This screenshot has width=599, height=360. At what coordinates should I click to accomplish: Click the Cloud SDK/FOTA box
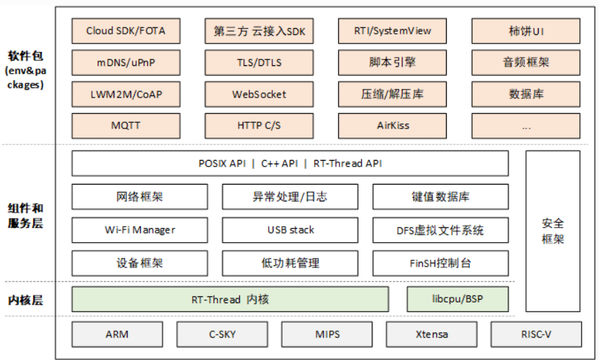pyautogui.click(x=126, y=31)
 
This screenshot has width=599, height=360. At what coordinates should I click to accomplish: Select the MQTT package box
pyautogui.click(x=126, y=126)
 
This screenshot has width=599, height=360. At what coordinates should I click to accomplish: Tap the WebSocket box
pyautogui.click(x=259, y=94)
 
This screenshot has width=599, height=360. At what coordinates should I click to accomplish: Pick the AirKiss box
pyautogui.click(x=392, y=126)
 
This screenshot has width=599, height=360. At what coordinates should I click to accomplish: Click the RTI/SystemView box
pyautogui.click(x=392, y=31)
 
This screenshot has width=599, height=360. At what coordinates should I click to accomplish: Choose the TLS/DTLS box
pyautogui.click(x=259, y=62)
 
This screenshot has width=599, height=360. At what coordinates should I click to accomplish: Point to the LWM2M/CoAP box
pyautogui.click(x=126, y=94)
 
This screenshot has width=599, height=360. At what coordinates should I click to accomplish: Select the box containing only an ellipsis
pyautogui.click(x=525, y=126)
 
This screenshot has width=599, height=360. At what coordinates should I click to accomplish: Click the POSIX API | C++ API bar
pyautogui.click(x=290, y=163)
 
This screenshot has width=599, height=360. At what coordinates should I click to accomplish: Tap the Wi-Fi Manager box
pyautogui.click(x=140, y=229)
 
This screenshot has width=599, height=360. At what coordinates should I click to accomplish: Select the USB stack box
pyautogui.click(x=290, y=229)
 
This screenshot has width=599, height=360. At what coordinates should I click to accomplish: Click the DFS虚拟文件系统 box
pyautogui.click(x=440, y=229)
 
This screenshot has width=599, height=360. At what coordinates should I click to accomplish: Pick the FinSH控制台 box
pyautogui.click(x=440, y=263)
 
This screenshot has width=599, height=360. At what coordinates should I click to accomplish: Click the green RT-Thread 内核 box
pyautogui.click(x=230, y=300)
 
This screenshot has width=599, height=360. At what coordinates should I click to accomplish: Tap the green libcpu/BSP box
pyautogui.click(x=457, y=300)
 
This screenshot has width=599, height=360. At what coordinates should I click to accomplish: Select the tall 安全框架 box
pyautogui.click(x=553, y=231)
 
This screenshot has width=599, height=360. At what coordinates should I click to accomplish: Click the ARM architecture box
pyautogui.click(x=116, y=334)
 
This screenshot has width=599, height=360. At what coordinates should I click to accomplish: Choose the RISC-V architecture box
pyautogui.click(x=536, y=334)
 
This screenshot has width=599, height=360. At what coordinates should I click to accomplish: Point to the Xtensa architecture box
pyautogui.click(x=431, y=334)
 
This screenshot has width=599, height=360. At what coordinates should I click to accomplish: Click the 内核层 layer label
pyautogui.click(x=25, y=300)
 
